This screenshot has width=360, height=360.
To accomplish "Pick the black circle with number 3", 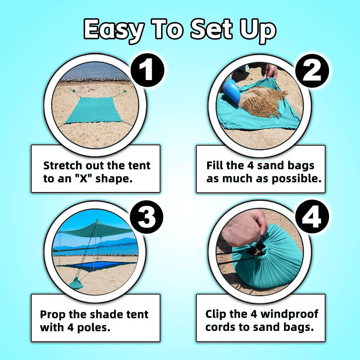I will tap(146, 217).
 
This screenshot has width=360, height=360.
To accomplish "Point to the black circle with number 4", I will tap(312, 217).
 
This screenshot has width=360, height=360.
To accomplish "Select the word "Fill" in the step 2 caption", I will tap(215, 166).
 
